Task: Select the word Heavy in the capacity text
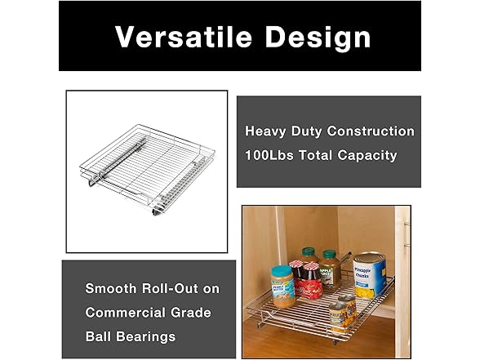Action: point(264,131)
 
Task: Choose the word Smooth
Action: point(111,289)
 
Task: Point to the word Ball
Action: point(100,336)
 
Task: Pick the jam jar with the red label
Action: point(310,284)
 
